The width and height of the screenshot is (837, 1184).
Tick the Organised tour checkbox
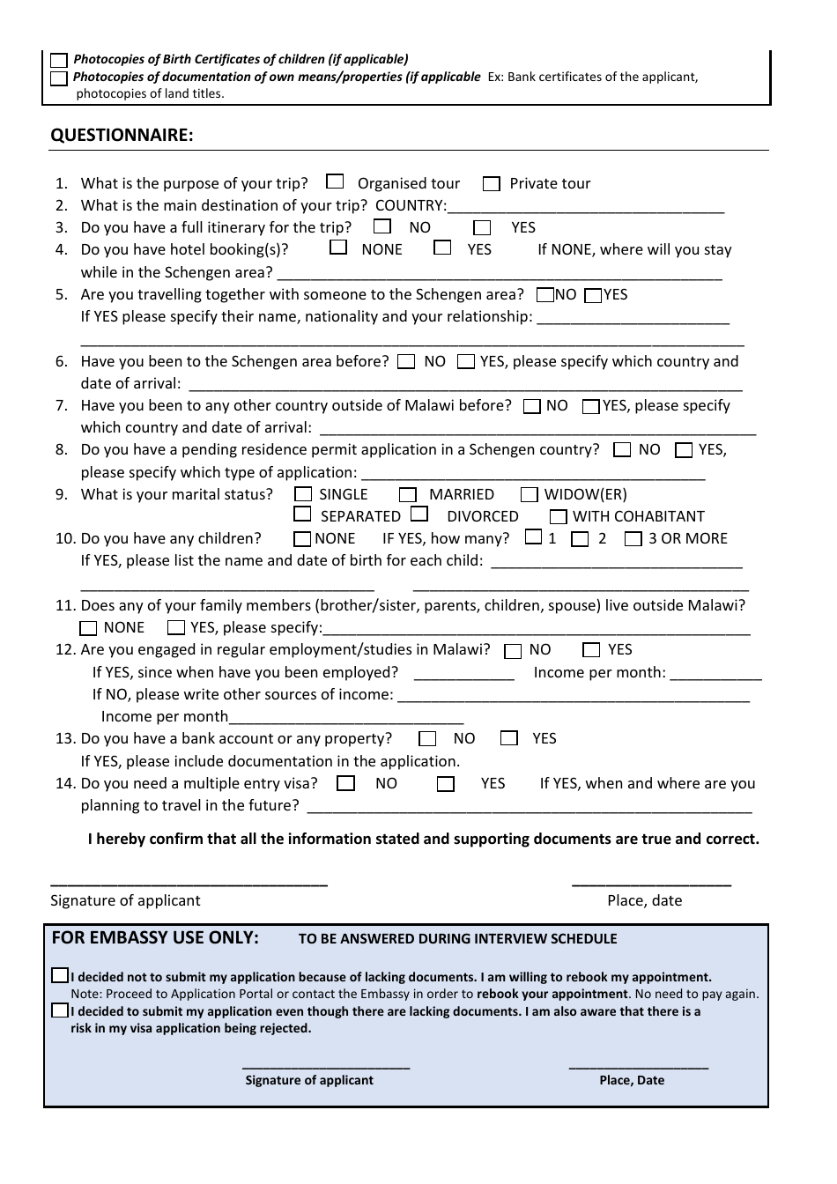click(x=335, y=182)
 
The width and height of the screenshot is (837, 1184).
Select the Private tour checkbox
click(x=491, y=184)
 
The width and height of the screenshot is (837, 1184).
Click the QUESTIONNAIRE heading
click(x=122, y=135)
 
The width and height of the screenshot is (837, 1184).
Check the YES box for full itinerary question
click(x=482, y=227)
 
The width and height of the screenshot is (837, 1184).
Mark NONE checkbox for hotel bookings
click(x=338, y=248)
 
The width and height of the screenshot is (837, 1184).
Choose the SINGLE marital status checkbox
click(x=303, y=494)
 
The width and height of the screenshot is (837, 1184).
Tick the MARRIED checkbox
click(x=407, y=495)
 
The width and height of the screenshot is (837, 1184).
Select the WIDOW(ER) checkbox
click(x=529, y=495)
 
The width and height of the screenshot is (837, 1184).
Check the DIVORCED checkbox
click(x=419, y=514)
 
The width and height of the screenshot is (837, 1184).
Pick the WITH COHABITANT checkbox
click(x=558, y=517)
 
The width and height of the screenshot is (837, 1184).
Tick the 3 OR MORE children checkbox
click(x=633, y=539)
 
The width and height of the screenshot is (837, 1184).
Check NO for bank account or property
click(x=427, y=739)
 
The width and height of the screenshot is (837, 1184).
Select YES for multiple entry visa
click(x=447, y=784)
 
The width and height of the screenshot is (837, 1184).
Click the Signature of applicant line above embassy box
click(x=189, y=881)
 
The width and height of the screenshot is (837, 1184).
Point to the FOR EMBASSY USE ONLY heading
click(x=155, y=938)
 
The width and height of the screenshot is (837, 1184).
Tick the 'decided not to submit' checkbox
click(x=59, y=976)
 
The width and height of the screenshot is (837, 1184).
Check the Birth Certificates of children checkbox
click(x=59, y=60)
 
